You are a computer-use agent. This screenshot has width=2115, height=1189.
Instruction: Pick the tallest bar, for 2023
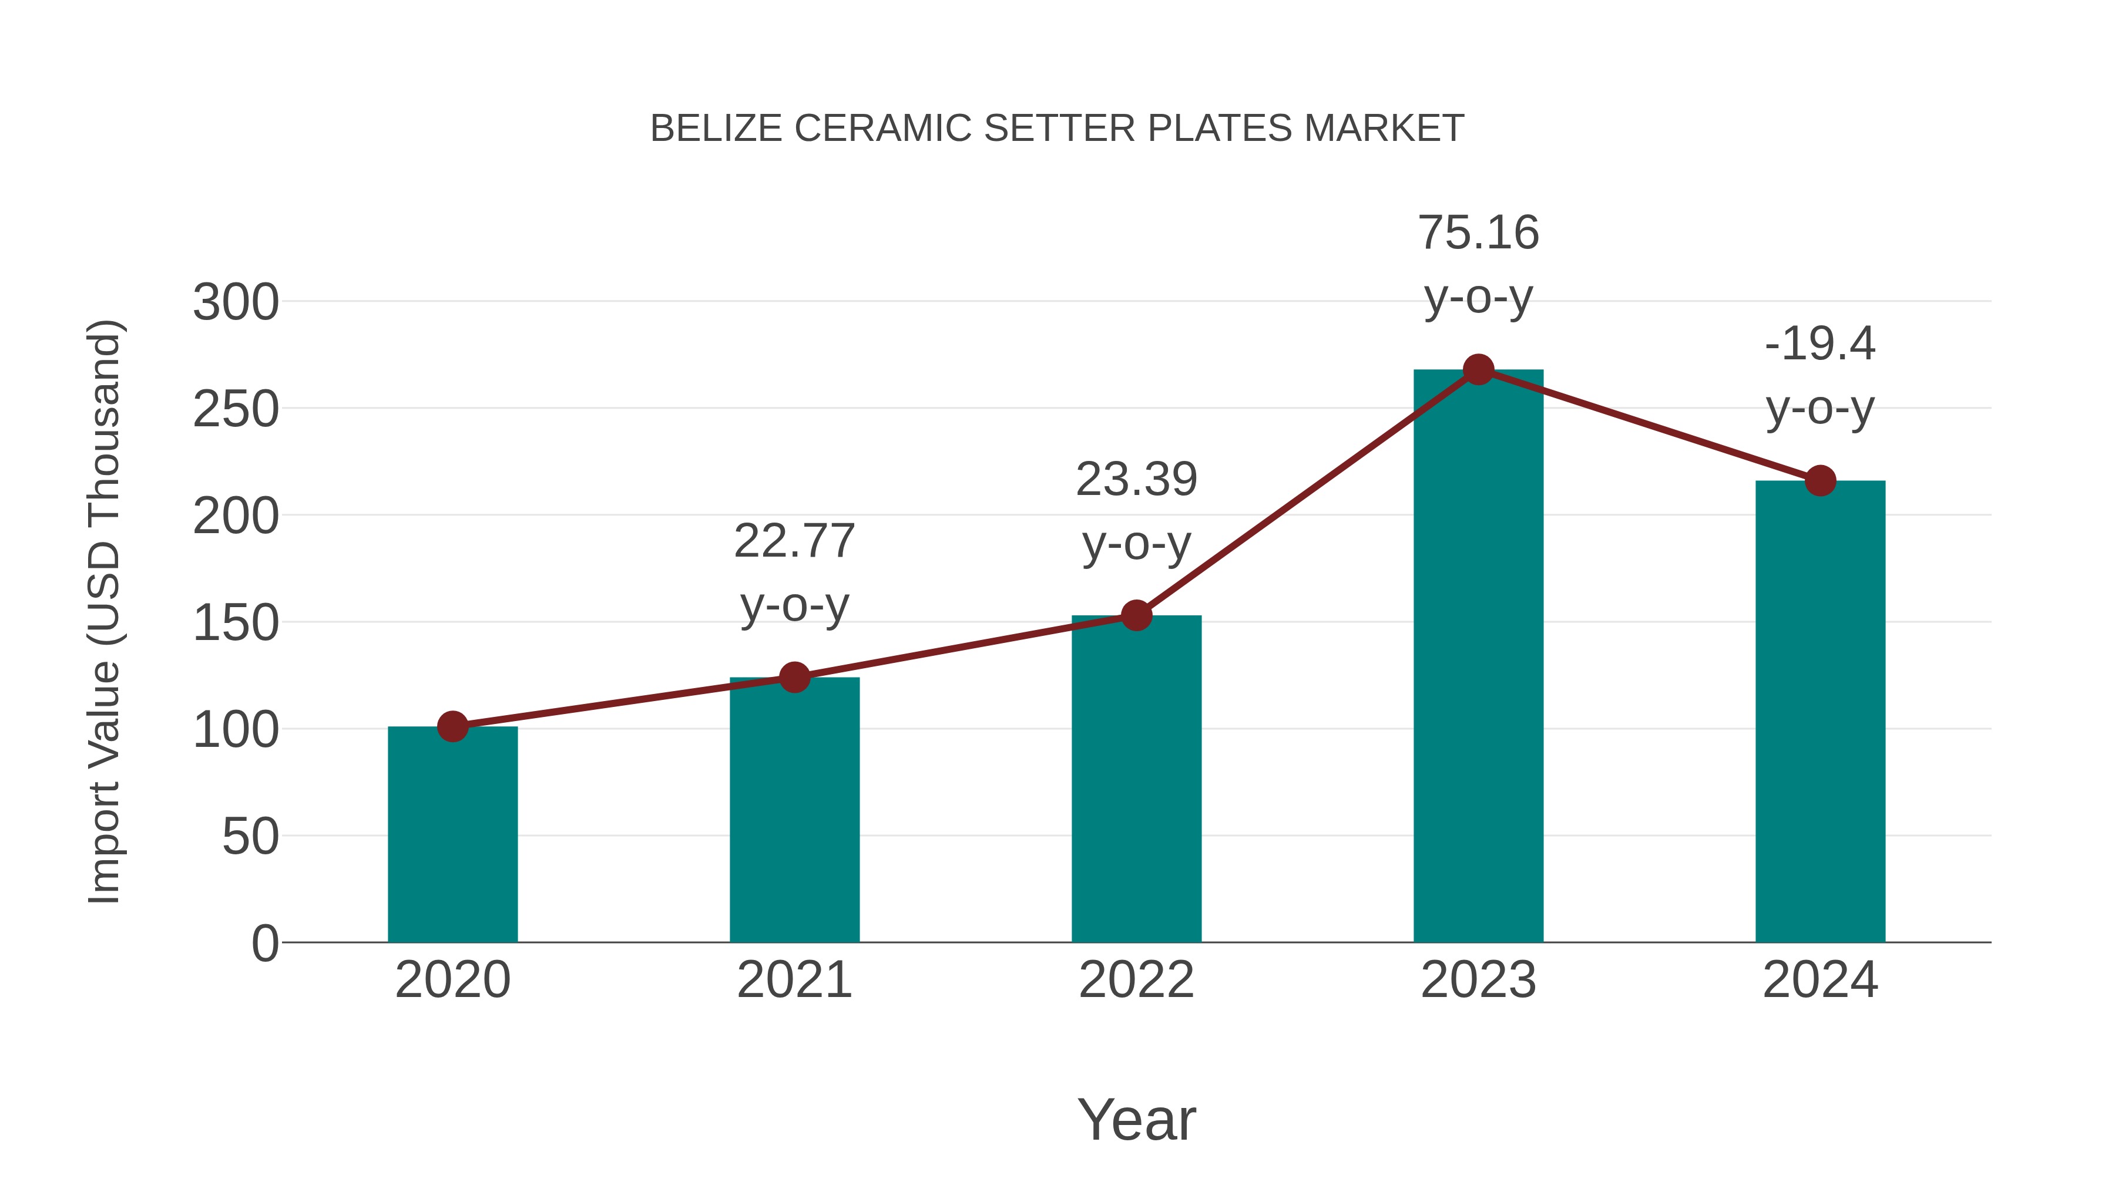(1478, 656)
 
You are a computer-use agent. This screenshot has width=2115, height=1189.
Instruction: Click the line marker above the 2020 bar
(452, 726)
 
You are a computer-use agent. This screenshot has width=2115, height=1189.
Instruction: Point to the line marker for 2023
(1478, 370)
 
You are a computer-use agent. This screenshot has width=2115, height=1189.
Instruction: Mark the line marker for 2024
(1820, 481)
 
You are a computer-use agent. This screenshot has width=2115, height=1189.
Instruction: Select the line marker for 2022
(1136, 615)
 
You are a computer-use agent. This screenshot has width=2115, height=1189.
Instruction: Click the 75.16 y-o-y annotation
(1478, 264)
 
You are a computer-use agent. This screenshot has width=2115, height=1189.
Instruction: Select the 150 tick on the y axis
(236, 623)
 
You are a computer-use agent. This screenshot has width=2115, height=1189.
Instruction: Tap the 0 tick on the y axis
(264, 943)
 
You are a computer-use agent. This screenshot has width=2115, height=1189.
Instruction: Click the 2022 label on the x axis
(1136, 980)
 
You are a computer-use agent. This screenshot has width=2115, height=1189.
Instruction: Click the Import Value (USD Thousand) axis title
(105, 611)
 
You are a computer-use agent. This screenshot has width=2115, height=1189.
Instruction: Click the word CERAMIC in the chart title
(882, 129)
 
